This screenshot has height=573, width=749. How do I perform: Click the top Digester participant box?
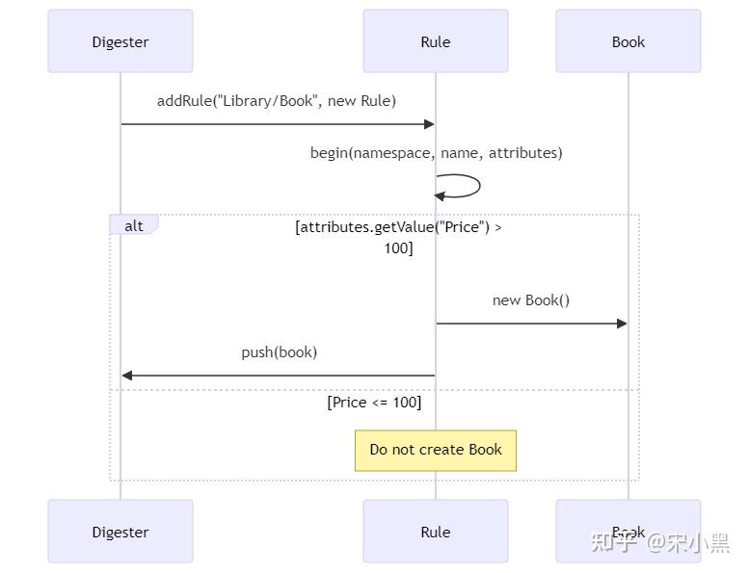[x=120, y=41]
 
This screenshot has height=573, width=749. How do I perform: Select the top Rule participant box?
[x=436, y=41]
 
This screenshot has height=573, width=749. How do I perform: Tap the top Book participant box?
[x=629, y=41]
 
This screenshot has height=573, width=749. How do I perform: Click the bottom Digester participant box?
[x=120, y=532]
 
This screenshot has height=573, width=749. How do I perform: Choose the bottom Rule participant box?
[x=436, y=532]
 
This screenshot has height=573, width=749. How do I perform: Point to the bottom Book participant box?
[x=629, y=532]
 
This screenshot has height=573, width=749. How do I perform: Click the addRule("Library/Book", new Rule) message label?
[x=277, y=101]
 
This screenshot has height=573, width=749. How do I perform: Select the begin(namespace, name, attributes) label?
[x=436, y=153]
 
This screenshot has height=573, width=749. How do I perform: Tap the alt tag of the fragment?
[x=134, y=225]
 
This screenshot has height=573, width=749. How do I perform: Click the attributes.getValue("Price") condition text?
[x=398, y=227]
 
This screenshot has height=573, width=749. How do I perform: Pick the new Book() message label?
[x=531, y=300]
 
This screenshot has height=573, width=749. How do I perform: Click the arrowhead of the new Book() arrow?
[x=622, y=324]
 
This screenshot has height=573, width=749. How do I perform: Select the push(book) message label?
[x=280, y=352]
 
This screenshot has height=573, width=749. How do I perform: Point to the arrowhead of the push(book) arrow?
[x=127, y=376]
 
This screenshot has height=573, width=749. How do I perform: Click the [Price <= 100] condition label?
[x=374, y=403]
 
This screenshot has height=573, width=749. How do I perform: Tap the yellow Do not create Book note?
[x=436, y=450]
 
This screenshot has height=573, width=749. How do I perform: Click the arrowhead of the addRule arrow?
[x=429, y=124]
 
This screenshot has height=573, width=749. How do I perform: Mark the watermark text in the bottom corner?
[x=659, y=543]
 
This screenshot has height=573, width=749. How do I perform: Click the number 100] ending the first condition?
[x=398, y=248]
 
